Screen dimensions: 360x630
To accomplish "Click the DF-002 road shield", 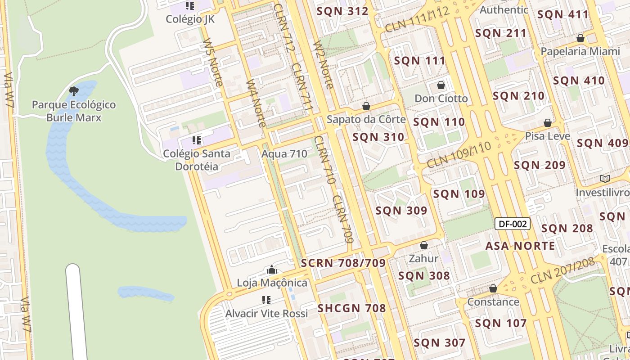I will (x=513, y=224).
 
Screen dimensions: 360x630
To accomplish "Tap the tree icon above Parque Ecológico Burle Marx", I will (x=74, y=92).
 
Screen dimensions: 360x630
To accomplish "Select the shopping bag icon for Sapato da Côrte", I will (x=366, y=106).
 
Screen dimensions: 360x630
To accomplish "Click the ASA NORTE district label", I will (x=520, y=246).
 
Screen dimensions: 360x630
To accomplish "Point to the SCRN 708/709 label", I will (x=343, y=263).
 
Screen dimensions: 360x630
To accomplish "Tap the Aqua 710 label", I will (x=284, y=154).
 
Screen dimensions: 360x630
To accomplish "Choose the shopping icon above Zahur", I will (x=423, y=245).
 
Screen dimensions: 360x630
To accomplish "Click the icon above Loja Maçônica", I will (x=272, y=270).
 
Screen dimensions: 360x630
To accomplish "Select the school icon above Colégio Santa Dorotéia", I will (x=196, y=140).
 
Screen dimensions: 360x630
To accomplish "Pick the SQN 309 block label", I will (x=401, y=210).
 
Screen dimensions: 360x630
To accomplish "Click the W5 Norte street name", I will (x=213, y=62).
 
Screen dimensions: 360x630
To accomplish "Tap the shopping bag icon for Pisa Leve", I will (x=548, y=123).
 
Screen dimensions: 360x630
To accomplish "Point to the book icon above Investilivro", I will (x=605, y=179).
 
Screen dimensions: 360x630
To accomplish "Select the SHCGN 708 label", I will (x=352, y=308).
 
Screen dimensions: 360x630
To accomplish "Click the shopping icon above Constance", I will (x=493, y=288).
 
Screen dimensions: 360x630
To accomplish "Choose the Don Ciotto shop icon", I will (x=441, y=85).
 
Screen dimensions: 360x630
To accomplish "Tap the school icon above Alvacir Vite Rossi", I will (x=266, y=300).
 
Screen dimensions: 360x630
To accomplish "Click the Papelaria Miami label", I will (x=580, y=51).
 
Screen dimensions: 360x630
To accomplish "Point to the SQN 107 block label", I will (x=501, y=323).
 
